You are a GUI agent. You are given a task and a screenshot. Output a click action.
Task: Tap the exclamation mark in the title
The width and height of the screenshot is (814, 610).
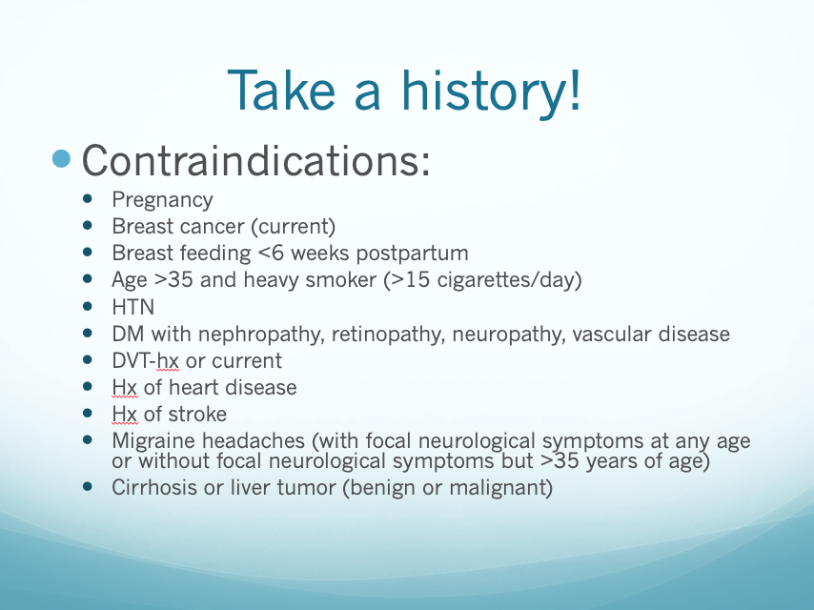[575, 90]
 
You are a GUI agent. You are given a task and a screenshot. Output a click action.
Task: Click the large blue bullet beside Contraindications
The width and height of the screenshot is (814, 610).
[61, 159]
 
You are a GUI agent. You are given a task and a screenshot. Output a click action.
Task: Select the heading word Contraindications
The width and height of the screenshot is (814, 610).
[256, 160]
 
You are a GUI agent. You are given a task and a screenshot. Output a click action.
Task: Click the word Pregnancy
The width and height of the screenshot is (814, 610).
[162, 200]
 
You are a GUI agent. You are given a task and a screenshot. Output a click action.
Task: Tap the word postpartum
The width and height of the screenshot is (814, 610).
[412, 254]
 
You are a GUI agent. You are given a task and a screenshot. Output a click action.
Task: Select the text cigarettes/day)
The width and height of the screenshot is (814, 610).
[509, 280]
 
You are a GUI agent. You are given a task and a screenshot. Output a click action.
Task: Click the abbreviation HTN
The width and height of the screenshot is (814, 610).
[133, 307]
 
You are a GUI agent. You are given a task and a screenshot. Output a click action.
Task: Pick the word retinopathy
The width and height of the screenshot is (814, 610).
[388, 335]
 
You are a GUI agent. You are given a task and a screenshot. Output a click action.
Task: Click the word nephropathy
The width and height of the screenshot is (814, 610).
[261, 335]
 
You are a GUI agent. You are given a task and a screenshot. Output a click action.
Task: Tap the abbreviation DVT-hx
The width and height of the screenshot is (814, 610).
[145, 361]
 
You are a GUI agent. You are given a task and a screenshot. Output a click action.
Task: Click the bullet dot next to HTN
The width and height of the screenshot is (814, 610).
[88, 306]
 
